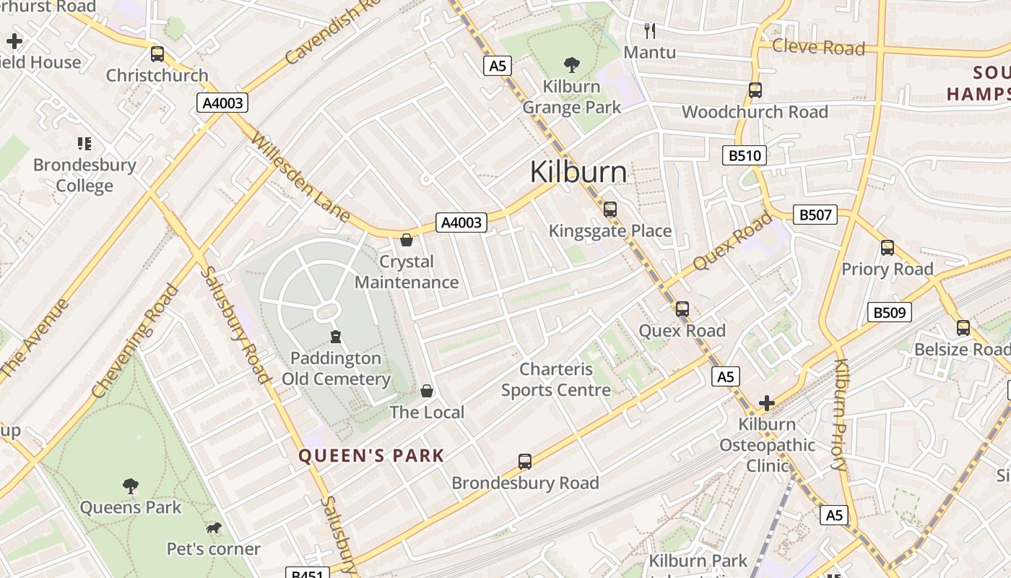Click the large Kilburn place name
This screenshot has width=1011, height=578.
click(x=578, y=172)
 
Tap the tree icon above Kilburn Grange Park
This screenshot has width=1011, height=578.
click(x=572, y=65)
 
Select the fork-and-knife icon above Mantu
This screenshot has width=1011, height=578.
click(x=650, y=30)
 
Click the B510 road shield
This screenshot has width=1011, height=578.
click(x=744, y=155)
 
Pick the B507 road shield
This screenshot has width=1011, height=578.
click(x=815, y=215)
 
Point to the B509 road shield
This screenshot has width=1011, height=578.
click(x=889, y=312)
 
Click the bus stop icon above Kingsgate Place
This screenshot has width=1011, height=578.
click(x=610, y=210)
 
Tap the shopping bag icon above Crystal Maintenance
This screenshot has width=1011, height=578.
click(x=407, y=240)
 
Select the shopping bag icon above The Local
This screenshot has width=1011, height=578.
click(x=427, y=391)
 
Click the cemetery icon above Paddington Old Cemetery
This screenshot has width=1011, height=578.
click(x=336, y=336)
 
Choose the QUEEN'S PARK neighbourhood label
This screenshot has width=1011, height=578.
click(x=371, y=456)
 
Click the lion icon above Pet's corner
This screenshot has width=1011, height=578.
click(x=214, y=528)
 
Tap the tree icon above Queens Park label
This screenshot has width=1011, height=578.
click(x=131, y=486)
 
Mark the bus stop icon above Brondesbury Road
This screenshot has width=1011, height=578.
click(x=525, y=461)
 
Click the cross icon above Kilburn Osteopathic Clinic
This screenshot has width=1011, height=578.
click(x=767, y=402)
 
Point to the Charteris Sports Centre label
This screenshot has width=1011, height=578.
click(x=556, y=380)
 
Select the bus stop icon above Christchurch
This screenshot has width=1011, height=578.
click(x=157, y=54)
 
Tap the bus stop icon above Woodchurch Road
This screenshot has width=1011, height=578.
click(x=755, y=90)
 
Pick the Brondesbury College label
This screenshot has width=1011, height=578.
click(x=84, y=175)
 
